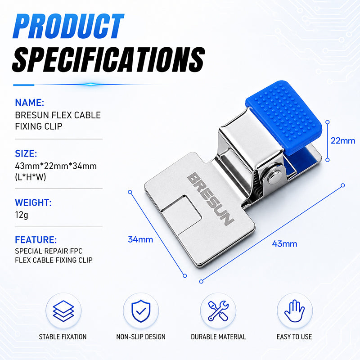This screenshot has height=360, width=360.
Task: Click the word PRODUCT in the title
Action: pos(68,26)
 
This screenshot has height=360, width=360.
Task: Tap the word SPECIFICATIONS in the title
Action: pos(108,60)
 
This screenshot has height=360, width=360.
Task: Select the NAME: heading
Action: pos(29,103)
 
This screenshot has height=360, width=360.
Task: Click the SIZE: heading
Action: pos(26,153)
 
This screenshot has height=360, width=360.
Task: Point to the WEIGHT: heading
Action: pos(33,202)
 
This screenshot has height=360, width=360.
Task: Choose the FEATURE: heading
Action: pos(36,240)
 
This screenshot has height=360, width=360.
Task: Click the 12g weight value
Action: pos(22,215)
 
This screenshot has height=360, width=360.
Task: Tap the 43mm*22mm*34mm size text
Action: pos(56,166)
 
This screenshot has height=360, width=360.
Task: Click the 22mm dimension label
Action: pos(342,140)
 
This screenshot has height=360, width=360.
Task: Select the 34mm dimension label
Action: pos(140,239)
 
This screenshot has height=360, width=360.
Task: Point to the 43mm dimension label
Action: pos(284,243)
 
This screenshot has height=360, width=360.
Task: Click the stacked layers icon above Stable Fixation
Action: pos(63,311)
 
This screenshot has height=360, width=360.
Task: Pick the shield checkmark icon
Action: pos(141,311)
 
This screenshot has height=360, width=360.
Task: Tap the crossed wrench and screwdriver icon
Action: pos(218,311)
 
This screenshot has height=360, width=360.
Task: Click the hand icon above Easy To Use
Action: pos(295,311)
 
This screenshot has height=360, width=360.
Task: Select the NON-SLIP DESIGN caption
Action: pos(141,337)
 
